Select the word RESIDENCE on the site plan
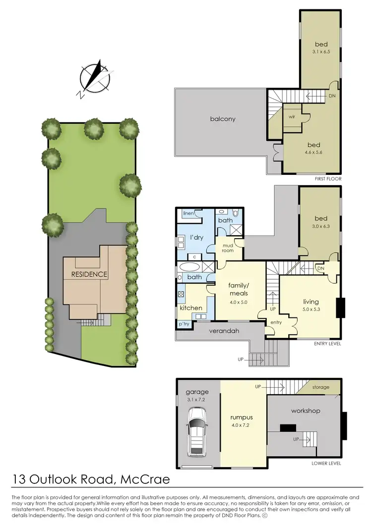point(89,274)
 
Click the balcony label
point(222,119)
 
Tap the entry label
point(275,322)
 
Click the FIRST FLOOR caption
point(327,178)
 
